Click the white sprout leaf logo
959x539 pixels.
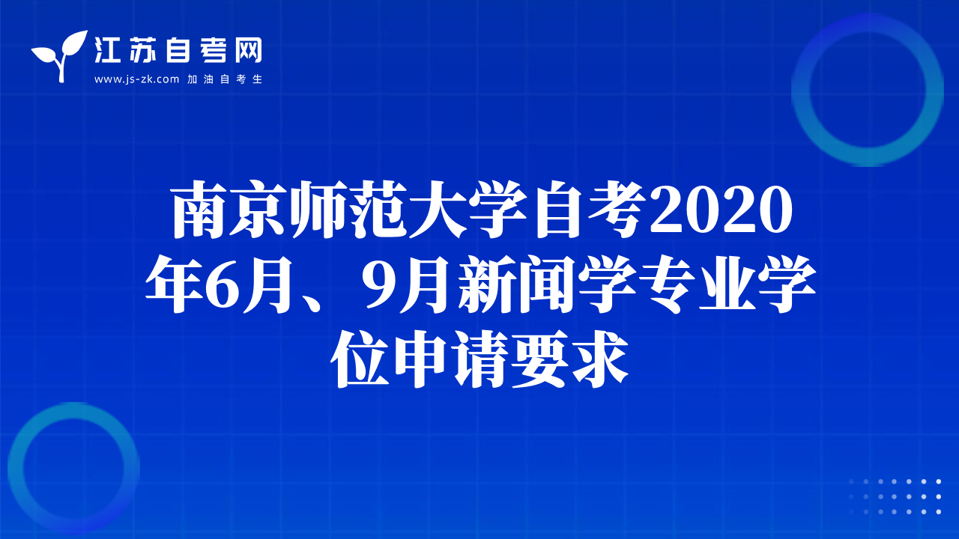point(60,55)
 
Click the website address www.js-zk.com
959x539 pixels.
point(136,79)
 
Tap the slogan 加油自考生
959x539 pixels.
point(225,79)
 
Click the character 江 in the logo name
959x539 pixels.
point(107,50)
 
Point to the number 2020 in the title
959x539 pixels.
point(721,210)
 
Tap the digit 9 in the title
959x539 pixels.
point(378,284)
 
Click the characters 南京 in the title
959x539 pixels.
point(229,209)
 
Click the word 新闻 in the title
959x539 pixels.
point(517,284)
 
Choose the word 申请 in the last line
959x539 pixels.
point(450,359)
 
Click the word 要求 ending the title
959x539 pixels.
point(569,359)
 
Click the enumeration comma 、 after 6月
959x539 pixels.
point(309,303)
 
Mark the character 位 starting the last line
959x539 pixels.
point(360,359)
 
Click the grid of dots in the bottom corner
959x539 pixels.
point(895,496)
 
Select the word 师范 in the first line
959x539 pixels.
point(348,209)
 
